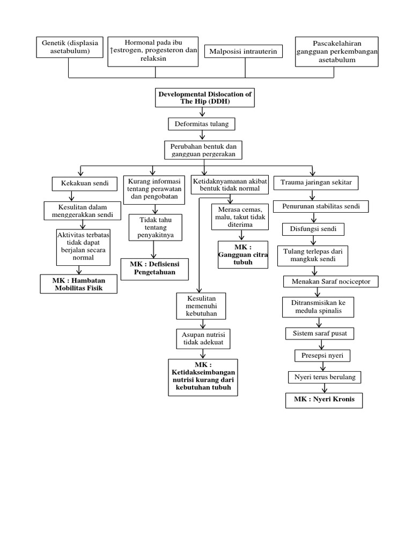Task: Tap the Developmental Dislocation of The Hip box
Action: [204, 97]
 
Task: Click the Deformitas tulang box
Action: [201, 124]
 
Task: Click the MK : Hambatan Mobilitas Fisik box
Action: [78, 284]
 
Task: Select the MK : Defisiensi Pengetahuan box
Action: [154, 268]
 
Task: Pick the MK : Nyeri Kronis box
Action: [324, 400]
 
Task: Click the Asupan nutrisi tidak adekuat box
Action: [202, 338]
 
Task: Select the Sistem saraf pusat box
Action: [320, 333]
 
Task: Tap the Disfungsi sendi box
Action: [313, 229]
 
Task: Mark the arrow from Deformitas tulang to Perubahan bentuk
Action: [202, 136]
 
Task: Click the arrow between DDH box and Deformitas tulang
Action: [202, 112]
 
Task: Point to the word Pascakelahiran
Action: [337, 43]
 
